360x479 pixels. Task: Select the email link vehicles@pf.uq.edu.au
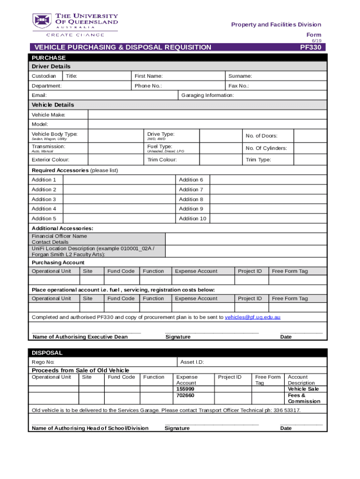tap(252, 317)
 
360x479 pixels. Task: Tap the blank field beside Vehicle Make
tap(207, 115)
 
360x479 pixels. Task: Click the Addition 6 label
tap(191, 180)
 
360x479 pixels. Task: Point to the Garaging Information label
tap(207, 95)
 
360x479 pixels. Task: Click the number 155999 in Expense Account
tap(185, 389)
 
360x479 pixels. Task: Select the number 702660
tap(185, 395)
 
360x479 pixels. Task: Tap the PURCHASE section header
tap(49, 58)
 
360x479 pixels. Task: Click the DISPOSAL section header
tap(47, 353)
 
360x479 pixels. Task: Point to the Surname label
tap(240, 76)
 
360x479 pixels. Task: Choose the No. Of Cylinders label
tap(266, 148)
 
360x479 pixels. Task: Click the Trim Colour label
tap(162, 160)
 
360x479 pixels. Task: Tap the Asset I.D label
tap(192, 362)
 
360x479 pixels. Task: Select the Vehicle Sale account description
tap(303, 389)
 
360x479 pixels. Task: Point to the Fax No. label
tap(238, 86)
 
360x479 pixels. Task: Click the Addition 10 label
tap(192, 218)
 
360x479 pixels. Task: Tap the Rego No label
tap(43, 362)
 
